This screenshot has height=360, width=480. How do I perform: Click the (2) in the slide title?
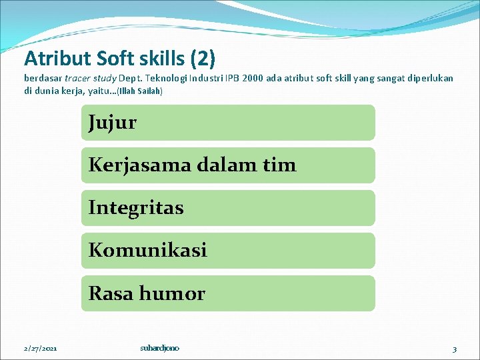203,59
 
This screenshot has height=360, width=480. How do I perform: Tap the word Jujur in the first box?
112,123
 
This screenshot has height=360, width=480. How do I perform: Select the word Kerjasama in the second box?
139,165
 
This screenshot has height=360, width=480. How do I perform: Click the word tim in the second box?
279,165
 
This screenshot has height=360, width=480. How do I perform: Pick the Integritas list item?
136,208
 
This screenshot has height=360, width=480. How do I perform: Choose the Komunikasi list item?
147,251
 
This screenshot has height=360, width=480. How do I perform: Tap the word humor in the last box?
175,293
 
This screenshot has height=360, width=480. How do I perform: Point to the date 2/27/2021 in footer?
41,349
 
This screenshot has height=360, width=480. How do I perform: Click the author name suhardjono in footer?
159,348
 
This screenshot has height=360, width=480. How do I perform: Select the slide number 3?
454,349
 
